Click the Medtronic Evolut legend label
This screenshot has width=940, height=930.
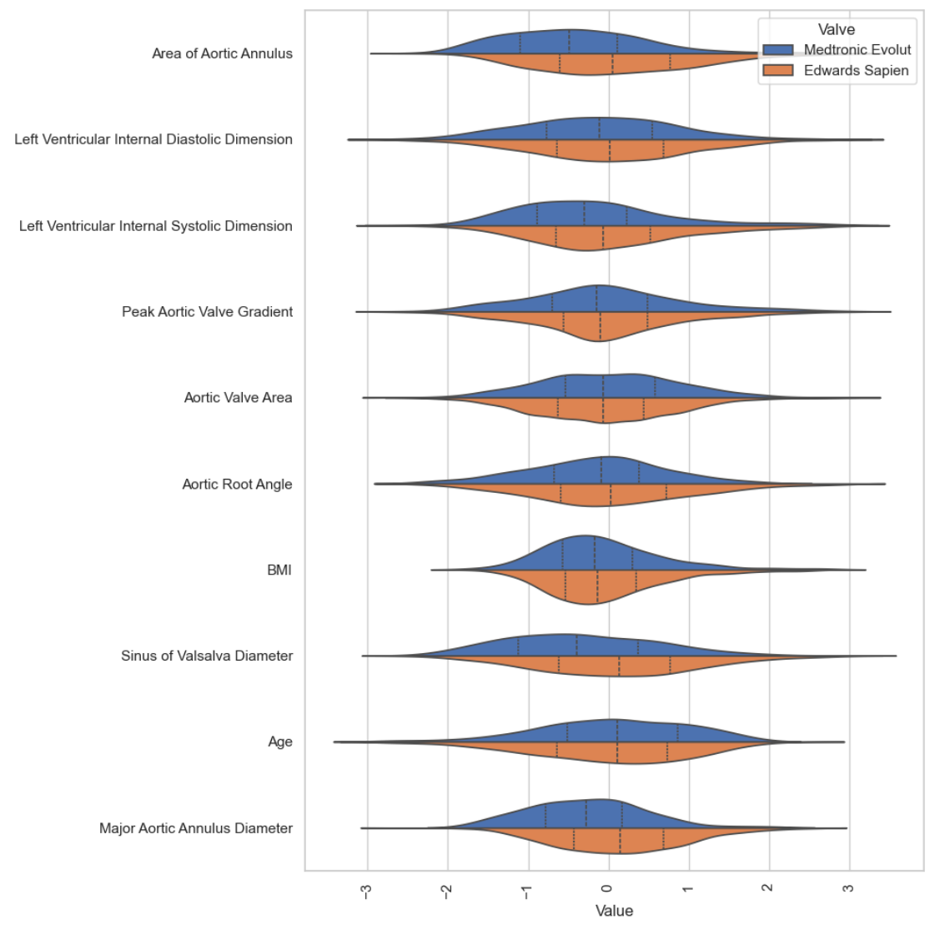click(857, 50)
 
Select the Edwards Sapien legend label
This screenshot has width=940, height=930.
click(856, 71)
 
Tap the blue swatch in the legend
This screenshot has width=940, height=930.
click(777, 50)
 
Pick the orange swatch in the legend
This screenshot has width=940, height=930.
click(777, 71)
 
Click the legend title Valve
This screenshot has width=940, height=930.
click(836, 30)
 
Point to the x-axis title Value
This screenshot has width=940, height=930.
click(614, 911)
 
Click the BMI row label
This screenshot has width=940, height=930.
click(279, 571)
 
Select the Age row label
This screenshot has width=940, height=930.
click(280, 742)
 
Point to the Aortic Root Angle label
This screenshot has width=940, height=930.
click(237, 485)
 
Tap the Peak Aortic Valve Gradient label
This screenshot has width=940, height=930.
click(207, 312)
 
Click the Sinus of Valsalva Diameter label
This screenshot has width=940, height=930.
click(207, 656)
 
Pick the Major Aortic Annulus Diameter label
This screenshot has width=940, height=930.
click(196, 829)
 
